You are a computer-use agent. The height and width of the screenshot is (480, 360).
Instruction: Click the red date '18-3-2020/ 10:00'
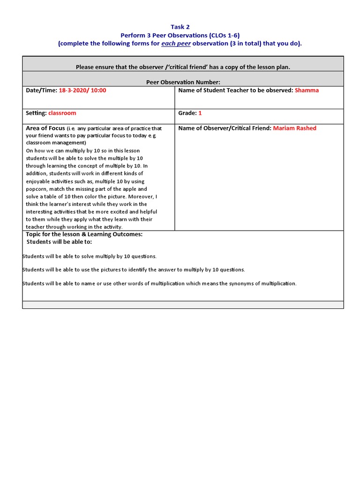[82, 90]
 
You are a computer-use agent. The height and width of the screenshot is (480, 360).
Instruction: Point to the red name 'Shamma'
[307, 90]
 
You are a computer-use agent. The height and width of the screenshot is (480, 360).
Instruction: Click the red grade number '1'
[200, 113]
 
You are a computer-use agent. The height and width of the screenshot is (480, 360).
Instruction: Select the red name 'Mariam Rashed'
[294, 128]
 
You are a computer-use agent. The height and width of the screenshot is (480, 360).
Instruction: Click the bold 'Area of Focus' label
[45, 128]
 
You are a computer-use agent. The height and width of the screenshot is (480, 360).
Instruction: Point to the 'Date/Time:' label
[41, 90]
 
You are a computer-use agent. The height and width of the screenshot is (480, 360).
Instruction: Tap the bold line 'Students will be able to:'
[59, 241]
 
